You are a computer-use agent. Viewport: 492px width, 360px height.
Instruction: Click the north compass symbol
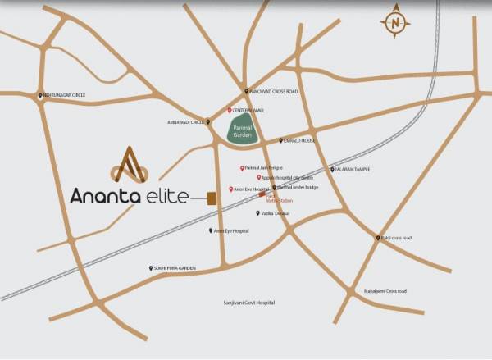click(396, 24)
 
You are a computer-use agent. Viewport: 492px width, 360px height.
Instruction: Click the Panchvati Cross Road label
click(274, 91)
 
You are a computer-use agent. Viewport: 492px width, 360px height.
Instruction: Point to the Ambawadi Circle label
click(185, 122)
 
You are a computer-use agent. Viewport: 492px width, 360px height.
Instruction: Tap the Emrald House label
click(300, 140)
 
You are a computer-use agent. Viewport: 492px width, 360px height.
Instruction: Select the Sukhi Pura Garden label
click(175, 268)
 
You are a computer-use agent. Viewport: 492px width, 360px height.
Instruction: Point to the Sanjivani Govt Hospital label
click(249, 303)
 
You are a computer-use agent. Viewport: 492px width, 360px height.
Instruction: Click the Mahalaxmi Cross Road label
click(385, 290)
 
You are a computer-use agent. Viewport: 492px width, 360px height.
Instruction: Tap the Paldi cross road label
click(397, 238)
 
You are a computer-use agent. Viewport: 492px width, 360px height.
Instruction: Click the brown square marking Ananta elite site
click(211, 198)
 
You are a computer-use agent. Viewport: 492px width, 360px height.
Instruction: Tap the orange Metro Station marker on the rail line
click(262, 194)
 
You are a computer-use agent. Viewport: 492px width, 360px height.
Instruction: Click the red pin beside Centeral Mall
click(230, 109)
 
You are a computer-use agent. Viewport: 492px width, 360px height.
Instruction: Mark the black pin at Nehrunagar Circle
click(40, 95)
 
